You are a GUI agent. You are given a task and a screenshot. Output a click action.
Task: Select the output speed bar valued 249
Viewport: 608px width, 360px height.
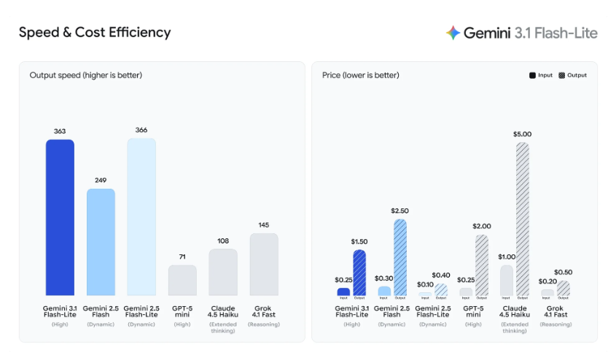pos(101,242)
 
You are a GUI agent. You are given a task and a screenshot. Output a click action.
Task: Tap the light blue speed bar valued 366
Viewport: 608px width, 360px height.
pos(141,216)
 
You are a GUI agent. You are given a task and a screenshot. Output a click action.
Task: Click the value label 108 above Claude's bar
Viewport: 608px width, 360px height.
pos(223,240)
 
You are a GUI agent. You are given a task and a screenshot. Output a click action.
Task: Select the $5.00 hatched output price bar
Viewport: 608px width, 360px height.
pos(522,219)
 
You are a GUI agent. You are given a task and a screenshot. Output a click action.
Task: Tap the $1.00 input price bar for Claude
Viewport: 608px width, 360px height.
pos(507,280)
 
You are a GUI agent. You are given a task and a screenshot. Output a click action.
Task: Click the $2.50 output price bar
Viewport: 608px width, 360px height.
pos(400,257)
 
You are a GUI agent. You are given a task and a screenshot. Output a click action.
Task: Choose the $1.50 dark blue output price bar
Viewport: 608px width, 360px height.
pos(359,273)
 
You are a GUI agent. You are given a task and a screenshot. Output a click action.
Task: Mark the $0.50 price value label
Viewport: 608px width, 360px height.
pos(564,272)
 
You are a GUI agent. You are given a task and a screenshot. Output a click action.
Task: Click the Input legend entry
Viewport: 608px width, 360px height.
pos(541,75)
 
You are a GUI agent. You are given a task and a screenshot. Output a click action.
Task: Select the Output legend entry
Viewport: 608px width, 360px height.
pos(572,75)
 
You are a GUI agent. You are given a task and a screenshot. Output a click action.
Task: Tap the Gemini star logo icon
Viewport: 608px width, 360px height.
pos(453,33)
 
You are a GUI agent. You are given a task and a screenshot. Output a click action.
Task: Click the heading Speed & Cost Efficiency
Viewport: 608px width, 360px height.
pos(95,33)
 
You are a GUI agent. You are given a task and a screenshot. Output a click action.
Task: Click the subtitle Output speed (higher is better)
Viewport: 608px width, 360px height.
pos(86,75)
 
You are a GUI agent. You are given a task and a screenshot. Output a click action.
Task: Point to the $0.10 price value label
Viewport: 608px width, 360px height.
pos(424,284)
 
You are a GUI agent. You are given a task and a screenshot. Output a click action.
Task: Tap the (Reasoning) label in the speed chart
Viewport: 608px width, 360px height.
pos(264,324)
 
